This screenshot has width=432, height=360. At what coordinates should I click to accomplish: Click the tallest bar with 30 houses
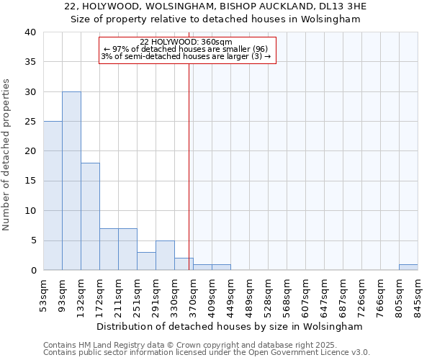(71, 181)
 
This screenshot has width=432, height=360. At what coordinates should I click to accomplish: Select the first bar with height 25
(53, 196)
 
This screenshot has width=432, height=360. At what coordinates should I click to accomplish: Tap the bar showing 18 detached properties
(90, 216)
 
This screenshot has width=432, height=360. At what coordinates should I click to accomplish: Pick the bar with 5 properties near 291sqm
(165, 255)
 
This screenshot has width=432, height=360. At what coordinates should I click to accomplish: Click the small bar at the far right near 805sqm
(408, 267)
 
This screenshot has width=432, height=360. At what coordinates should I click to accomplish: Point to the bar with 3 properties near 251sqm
(146, 261)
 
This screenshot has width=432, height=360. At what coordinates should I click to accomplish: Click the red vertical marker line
(189, 166)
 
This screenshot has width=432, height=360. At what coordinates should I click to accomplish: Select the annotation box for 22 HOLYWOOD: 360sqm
(187, 50)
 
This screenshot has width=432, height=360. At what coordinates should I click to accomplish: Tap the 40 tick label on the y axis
(30, 32)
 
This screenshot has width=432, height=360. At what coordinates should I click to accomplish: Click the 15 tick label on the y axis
(30, 181)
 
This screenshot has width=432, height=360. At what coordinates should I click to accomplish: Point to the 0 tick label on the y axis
(33, 270)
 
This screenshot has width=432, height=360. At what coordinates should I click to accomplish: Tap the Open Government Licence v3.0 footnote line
(206, 352)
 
